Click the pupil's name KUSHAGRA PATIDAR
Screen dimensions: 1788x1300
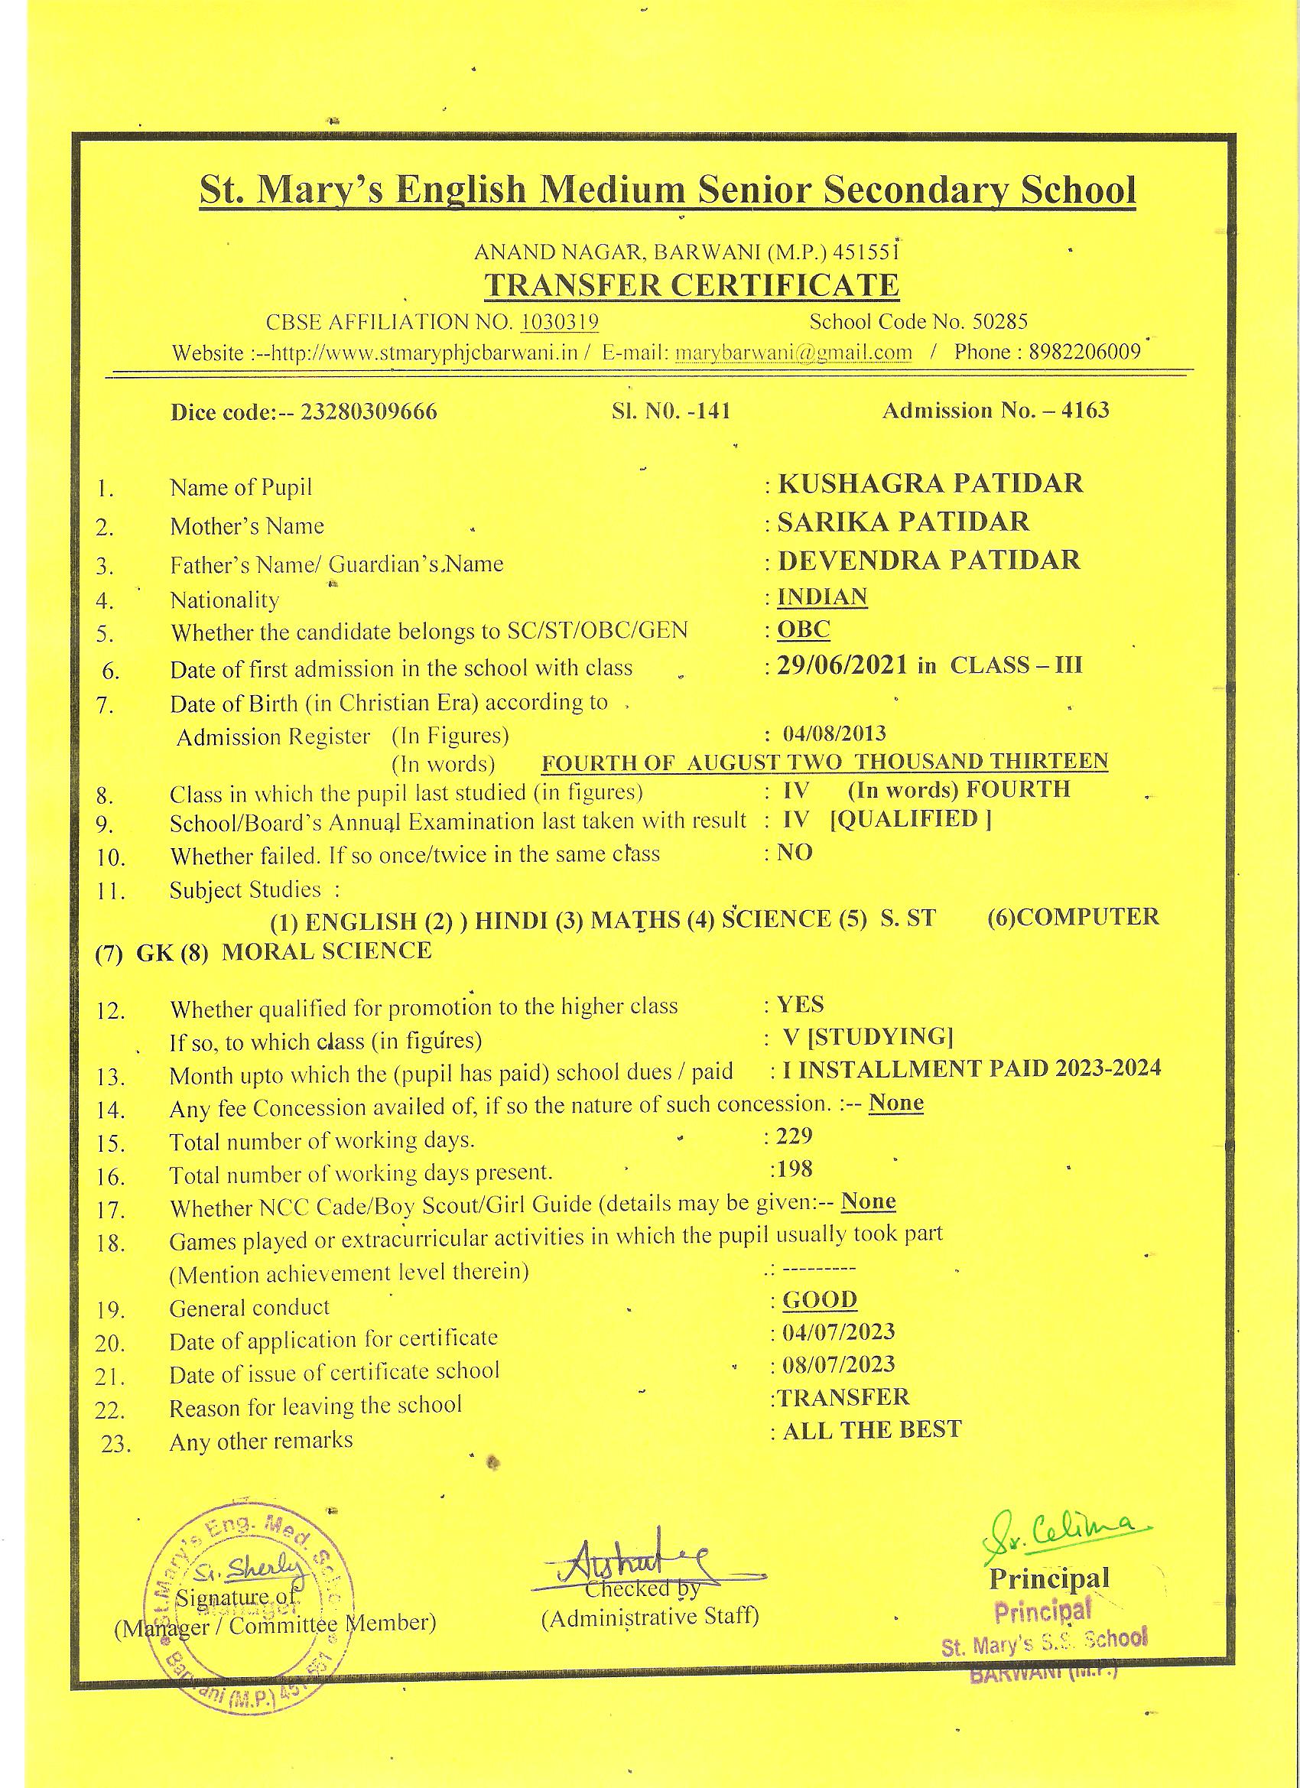coord(929,483)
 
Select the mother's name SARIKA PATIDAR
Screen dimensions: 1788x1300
coord(902,521)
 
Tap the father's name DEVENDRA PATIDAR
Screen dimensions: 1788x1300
coord(928,560)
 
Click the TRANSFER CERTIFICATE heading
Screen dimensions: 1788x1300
coord(691,284)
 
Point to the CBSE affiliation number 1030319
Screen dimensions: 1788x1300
coord(560,322)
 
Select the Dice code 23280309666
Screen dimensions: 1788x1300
coord(369,411)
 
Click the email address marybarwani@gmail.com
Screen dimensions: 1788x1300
coord(793,353)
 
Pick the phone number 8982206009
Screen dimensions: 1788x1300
coord(1085,352)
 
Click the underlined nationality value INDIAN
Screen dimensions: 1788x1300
coord(822,596)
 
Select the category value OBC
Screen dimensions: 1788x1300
coord(804,629)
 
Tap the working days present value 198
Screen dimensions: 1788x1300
coord(794,1169)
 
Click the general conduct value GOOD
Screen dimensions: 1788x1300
coord(819,1299)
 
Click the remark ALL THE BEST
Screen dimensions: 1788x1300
coord(871,1429)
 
